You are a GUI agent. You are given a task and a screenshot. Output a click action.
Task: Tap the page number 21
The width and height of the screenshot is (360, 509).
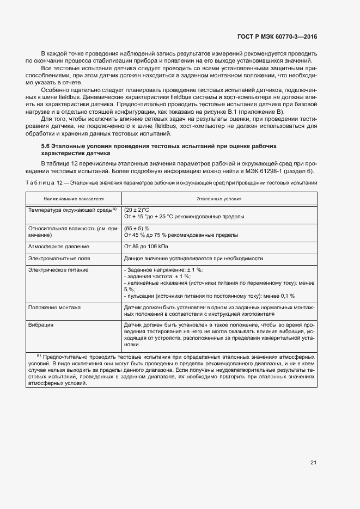(x=313, y=463)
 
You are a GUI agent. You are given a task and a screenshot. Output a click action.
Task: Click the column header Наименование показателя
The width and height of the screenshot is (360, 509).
(x=74, y=199)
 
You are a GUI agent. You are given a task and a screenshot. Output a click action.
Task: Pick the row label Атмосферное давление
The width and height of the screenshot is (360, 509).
(x=55, y=247)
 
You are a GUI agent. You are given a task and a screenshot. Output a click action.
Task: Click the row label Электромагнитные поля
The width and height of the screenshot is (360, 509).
(x=59, y=259)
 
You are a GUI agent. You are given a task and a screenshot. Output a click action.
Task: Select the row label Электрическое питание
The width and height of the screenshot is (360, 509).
(x=58, y=270)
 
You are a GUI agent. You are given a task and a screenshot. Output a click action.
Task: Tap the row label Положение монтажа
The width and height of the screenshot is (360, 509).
(x=54, y=308)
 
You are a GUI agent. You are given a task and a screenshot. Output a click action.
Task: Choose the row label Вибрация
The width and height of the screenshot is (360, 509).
(x=41, y=325)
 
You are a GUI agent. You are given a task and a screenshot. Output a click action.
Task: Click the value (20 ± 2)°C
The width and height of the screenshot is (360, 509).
(x=137, y=210)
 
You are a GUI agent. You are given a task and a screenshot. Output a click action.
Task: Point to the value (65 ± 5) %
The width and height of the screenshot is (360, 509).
(x=137, y=229)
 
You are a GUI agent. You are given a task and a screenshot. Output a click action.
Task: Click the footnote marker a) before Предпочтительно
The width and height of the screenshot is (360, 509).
(x=39, y=355)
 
